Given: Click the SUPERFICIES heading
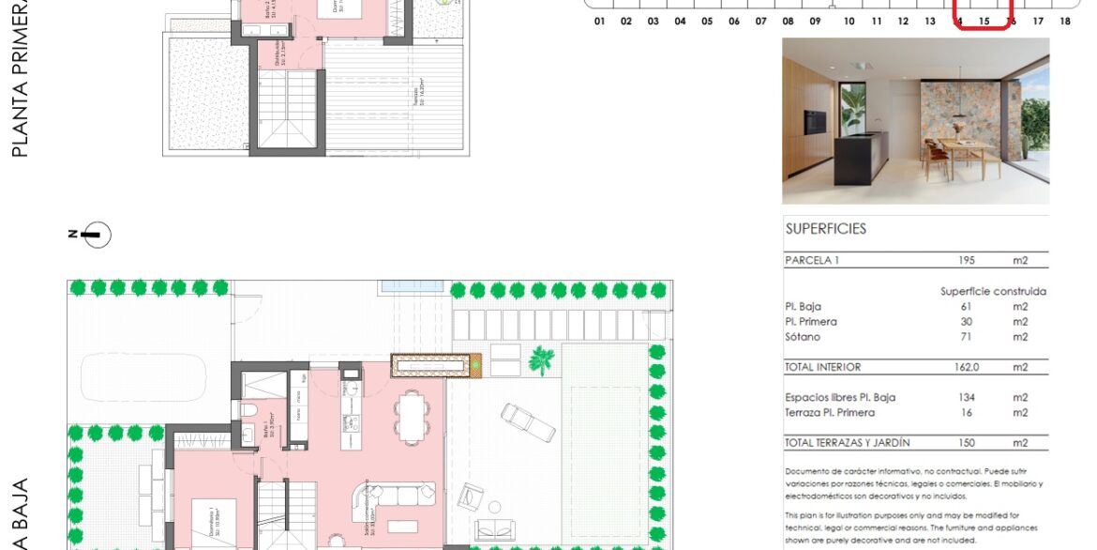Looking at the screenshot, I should click(x=825, y=228).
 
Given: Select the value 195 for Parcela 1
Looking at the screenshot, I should click(x=967, y=260).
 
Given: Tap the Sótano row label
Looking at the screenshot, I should click(x=803, y=337).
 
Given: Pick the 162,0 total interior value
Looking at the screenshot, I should click(x=967, y=367).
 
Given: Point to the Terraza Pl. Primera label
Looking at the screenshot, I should click(x=830, y=412).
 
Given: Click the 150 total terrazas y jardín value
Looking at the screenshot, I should click(x=967, y=442).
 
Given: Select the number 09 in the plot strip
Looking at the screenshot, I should click(x=815, y=21).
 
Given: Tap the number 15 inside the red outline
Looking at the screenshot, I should click(x=984, y=21).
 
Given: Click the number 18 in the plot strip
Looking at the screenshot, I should click(x=1064, y=21).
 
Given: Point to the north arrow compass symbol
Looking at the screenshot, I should click(x=95, y=235).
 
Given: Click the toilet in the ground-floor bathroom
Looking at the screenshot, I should click(x=247, y=411).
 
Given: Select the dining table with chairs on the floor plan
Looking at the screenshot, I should click(x=410, y=415).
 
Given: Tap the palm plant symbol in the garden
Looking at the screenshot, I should click(x=541, y=359).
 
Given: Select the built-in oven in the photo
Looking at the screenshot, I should click(x=815, y=120).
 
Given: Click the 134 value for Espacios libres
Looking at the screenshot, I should click(x=967, y=397).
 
